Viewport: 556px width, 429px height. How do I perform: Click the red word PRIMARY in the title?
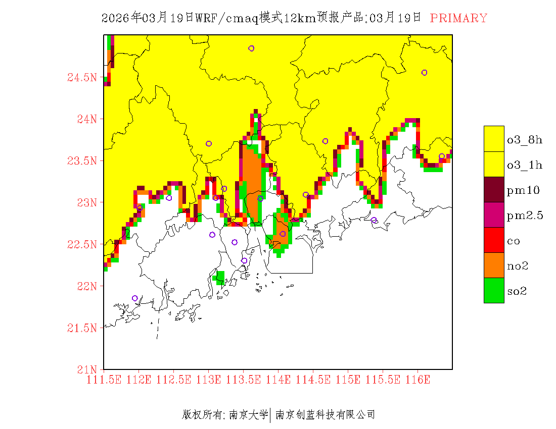click(x=458, y=18)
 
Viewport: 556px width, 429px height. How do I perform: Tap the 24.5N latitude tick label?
click(x=81, y=77)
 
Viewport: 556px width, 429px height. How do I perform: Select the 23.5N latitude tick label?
click(x=81, y=161)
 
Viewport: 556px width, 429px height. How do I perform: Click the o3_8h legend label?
click(x=525, y=140)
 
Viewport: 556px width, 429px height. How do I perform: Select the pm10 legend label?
click(x=523, y=190)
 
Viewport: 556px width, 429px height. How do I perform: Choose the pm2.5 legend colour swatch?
click(x=494, y=215)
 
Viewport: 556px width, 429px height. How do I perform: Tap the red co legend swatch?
click(x=494, y=240)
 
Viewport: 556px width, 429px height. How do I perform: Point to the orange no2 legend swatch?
click(x=494, y=265)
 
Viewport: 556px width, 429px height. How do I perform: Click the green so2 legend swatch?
click(x=494, y=290)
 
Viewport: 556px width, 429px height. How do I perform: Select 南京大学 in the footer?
click(x=248, y=415)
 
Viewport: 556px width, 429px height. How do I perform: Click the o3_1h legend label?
click(x=525, y=165)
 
